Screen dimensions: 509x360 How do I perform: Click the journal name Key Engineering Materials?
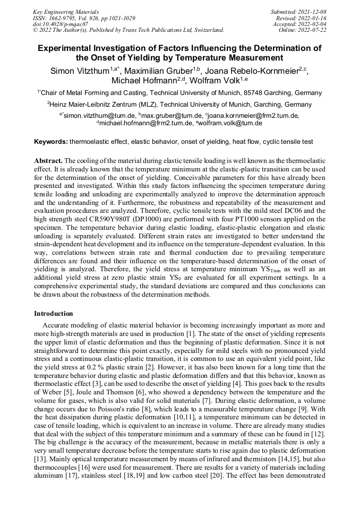[66, 11]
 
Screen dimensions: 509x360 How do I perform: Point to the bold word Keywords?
[51, 142]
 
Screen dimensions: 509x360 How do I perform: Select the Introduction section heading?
[54, 314]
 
